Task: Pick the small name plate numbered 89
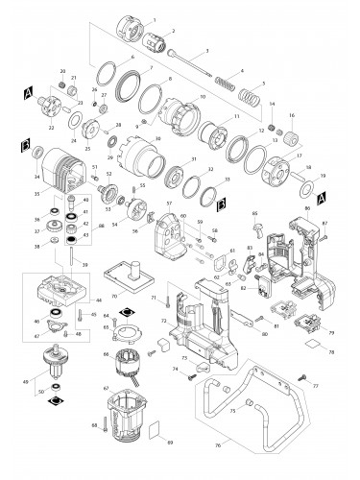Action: point(160,431)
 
